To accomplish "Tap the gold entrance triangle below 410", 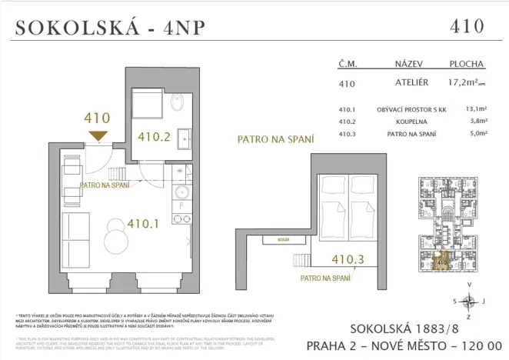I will tap(98, 136).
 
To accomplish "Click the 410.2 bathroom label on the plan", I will tap(153, 138).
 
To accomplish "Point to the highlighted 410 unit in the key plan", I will tap(441, 262).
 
